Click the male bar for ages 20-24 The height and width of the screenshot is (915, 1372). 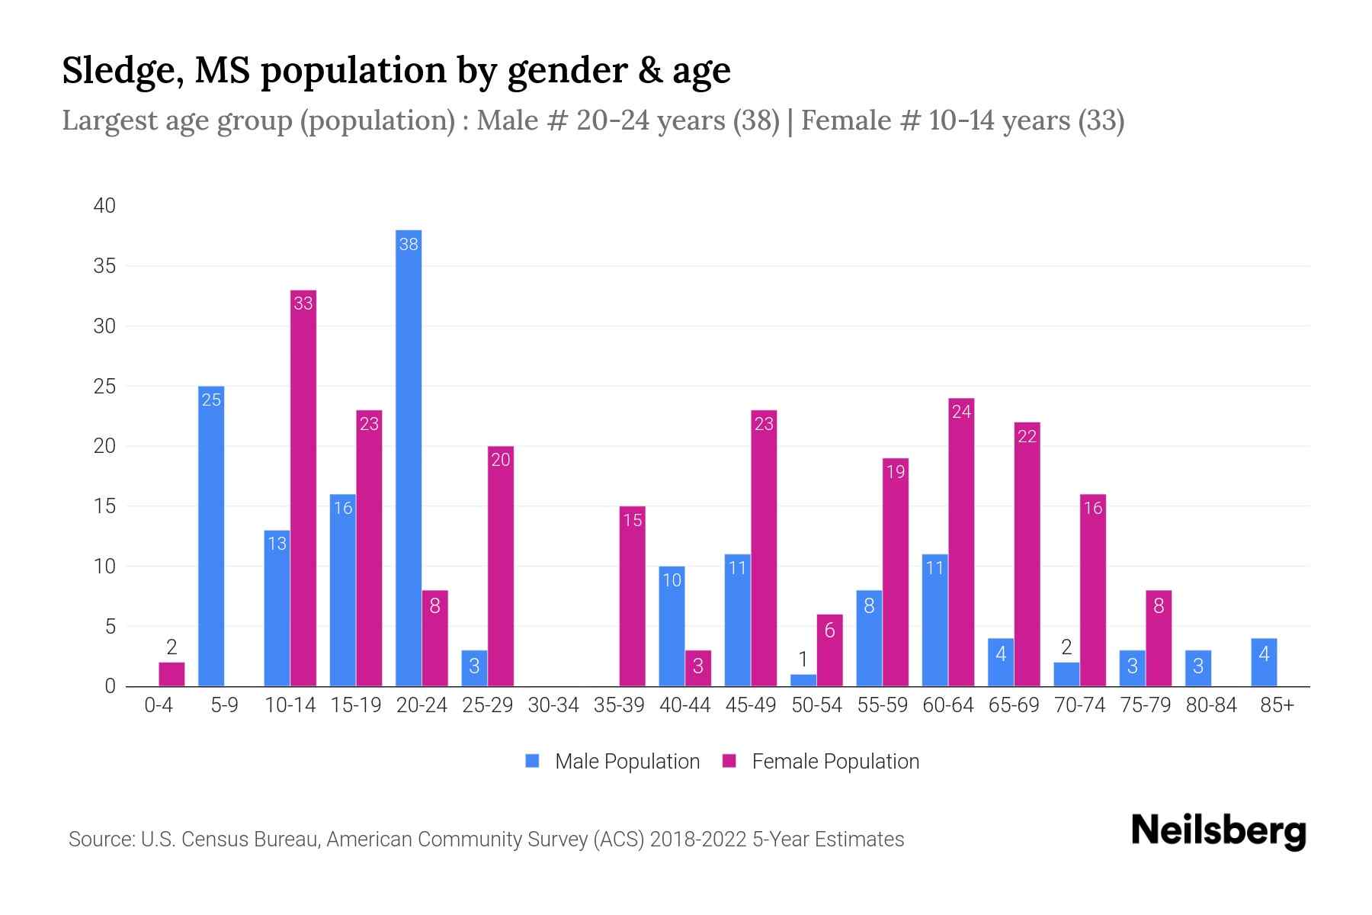(x=409, y=457)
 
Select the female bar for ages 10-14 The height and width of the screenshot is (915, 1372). (x=303, y=488)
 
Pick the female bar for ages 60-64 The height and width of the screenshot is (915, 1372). (x=961, y=542)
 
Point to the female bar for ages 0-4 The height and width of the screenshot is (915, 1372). (x=171, y=674)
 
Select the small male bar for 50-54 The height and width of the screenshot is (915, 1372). (x=803, y=680)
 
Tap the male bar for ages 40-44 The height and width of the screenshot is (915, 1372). (x=672, y=626)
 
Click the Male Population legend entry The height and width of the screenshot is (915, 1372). (x=613, y=761)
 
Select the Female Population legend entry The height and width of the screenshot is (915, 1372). (x=821, y=761)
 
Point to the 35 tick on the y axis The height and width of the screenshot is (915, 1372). (x=104, y=266)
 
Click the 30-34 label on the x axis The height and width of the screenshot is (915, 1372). (x=553, y=705)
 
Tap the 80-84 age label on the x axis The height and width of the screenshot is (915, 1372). (x=1211, y=705)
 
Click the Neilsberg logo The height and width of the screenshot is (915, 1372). (x=1218, y=831)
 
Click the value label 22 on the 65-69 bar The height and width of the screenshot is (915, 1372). (x=1027, y=437)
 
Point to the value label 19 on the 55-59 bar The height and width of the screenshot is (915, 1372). (x=896, y=472)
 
